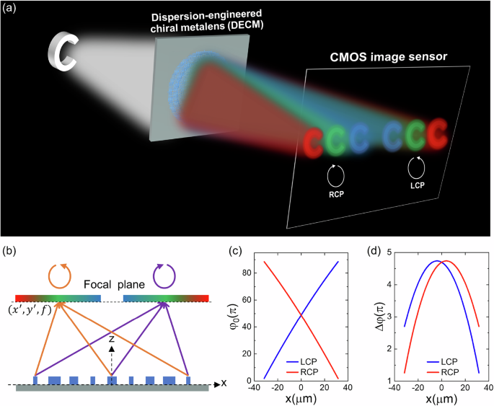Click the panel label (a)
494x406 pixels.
pos(12,11)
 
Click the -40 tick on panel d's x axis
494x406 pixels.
pos(395,388)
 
